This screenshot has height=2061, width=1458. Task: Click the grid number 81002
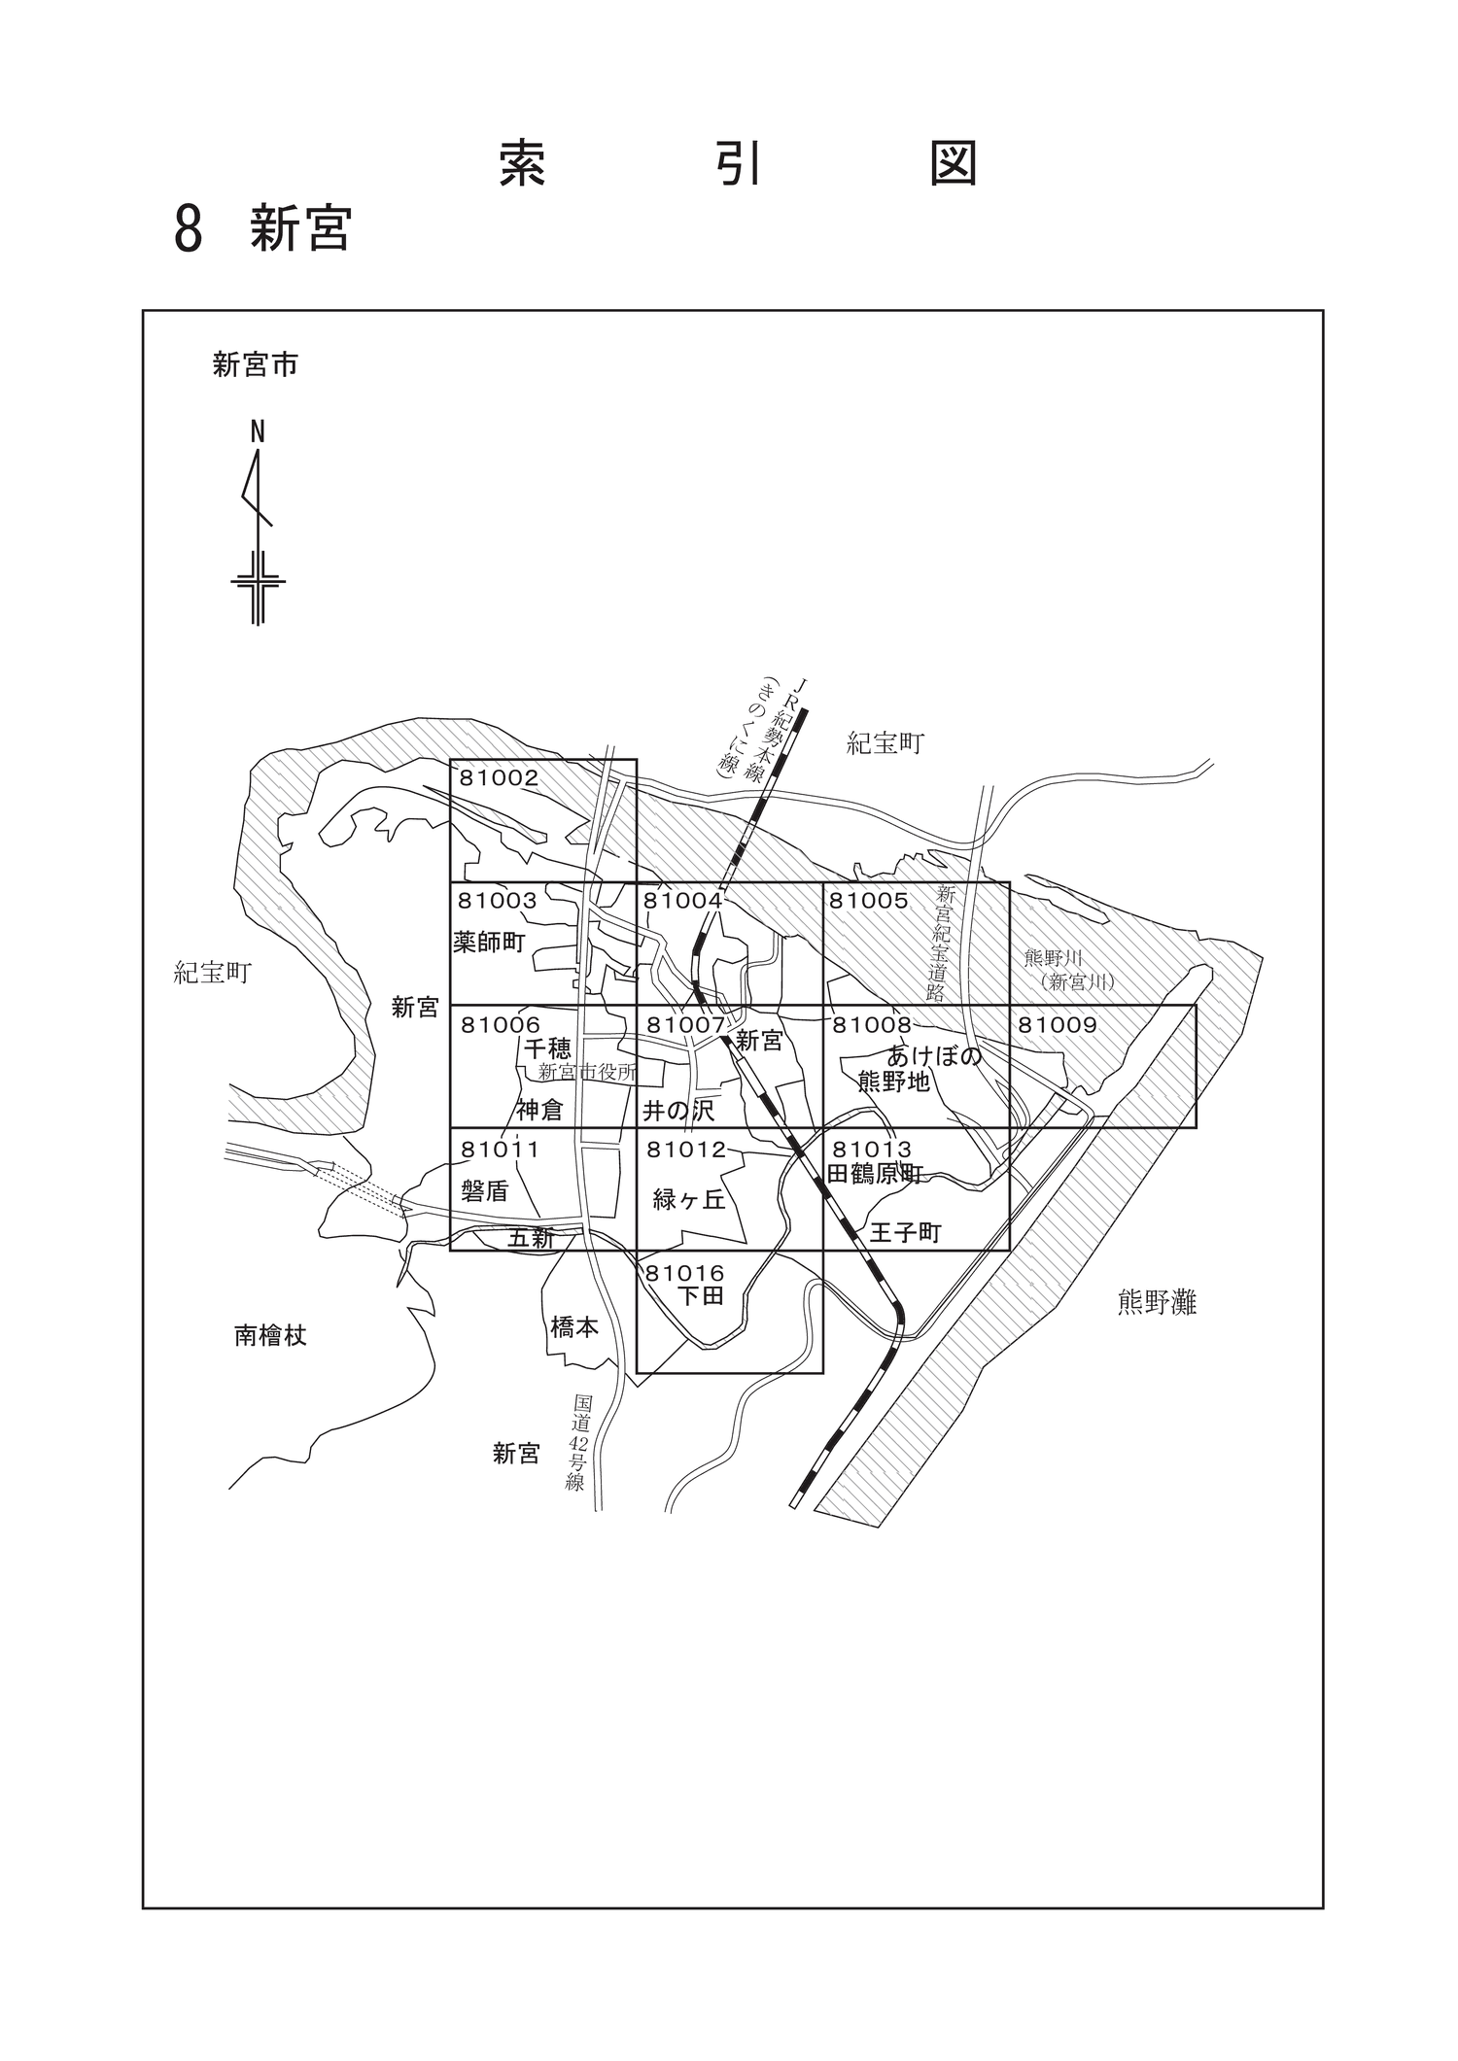click(500, 777)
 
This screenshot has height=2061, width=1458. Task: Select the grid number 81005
click(868, 901)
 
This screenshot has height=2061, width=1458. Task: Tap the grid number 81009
click(1057, 1024)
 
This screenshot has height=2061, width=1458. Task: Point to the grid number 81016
click(685, 1273)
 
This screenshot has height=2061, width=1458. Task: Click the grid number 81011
click(500, 1150)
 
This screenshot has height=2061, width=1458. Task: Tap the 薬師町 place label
click(489, 942)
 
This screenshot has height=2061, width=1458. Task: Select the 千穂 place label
click(547, 1048)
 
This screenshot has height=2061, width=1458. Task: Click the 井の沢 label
click(678, 1110)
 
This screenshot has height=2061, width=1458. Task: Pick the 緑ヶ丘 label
click(689, 1200)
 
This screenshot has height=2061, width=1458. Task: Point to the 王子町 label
click(906, 1233)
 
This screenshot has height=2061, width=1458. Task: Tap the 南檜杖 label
click(270, 1336)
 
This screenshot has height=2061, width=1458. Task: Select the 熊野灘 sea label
click(1157, 1303)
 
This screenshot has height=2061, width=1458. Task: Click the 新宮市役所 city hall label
click(588, 1073)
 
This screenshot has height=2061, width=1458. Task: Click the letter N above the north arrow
click(258, 432)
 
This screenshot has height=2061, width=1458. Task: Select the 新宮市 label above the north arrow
click(256, 365)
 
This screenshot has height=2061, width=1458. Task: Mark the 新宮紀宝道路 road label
click(942, 943)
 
